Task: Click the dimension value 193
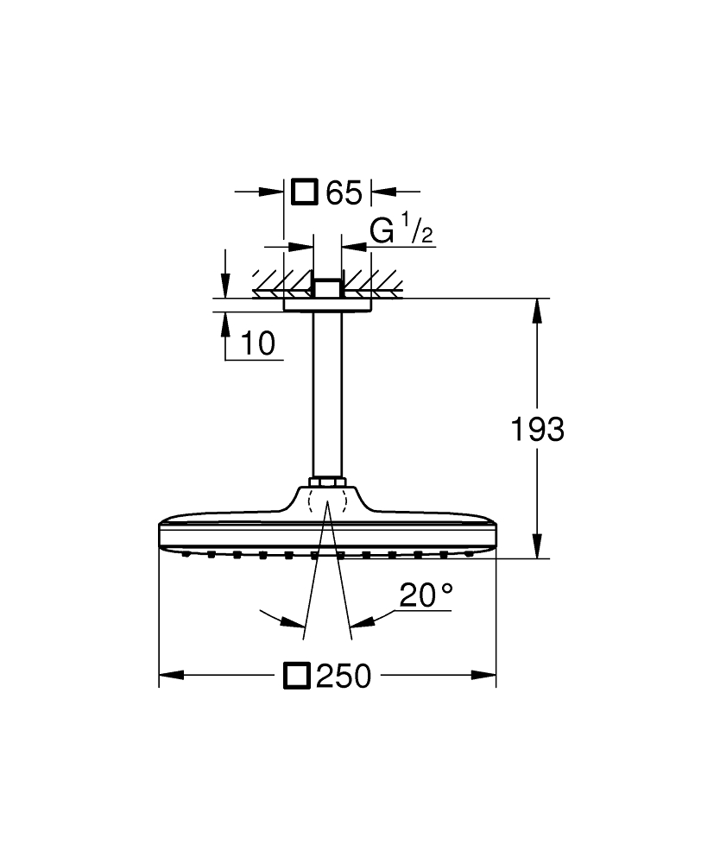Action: [537, 429]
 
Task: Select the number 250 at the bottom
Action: [343, 677]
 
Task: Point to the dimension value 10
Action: [257, 343]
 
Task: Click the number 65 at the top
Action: [344, 192]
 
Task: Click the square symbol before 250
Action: [297, 676]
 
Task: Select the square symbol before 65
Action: [305, 192]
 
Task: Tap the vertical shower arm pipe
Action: [327, 388]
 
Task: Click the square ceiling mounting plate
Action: [327, 302]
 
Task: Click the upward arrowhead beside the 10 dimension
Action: [225, 324]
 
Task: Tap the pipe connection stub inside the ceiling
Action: [327, 287]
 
